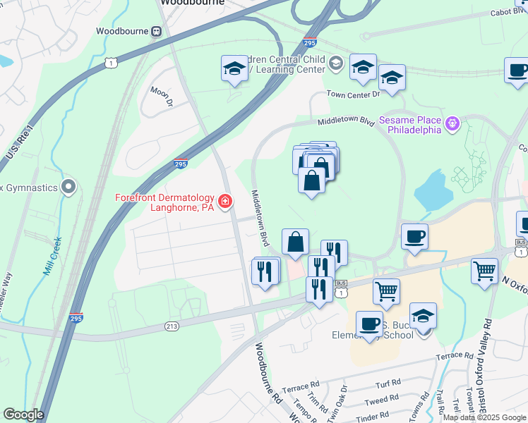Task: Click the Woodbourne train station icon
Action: (x=155, y=32)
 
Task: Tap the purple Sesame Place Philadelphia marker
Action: (x=452, y=125)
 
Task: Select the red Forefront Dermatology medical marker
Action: (x=225, y=203)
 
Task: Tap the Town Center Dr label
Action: (x=353, y=94)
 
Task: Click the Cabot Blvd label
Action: (x=510, y=12)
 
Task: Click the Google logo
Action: (x=23, y=415)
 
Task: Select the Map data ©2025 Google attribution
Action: (x=484, y=417)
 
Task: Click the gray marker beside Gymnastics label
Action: (x=68, y=187)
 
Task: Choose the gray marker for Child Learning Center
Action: (x=336, y=65)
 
